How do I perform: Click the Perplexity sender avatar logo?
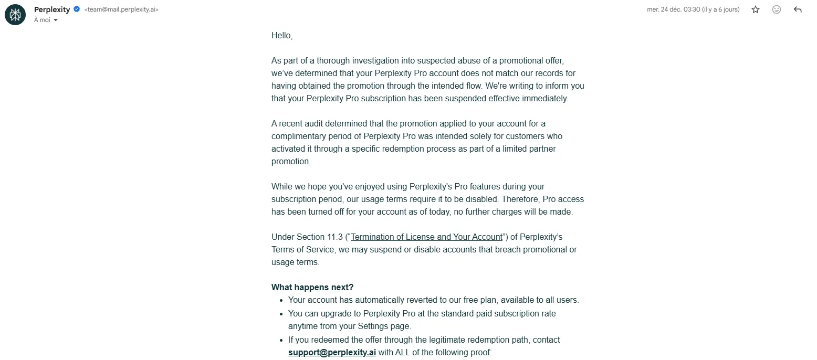(15, 15)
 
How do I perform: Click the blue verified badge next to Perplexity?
(77, 9)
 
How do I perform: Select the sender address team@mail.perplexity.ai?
(121, 9)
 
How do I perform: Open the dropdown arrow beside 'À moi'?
(56, 20)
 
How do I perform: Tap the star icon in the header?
(756, 9)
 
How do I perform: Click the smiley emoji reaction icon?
(777, 9)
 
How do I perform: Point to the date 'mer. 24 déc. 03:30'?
(673, 9)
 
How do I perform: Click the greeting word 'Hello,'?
(282, 36)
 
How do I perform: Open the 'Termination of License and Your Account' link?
(426, 237)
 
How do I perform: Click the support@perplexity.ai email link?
(332, 353)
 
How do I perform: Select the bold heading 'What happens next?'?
(312, 288)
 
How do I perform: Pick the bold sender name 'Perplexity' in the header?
(52, 9)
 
